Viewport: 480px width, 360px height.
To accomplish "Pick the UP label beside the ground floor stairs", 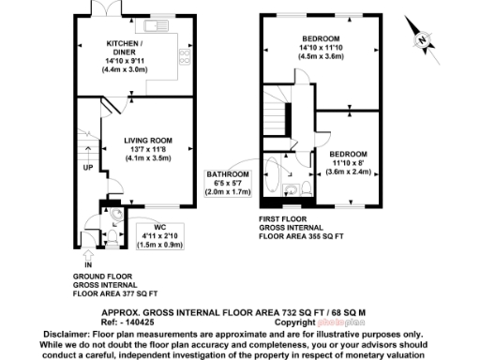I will (87, 169).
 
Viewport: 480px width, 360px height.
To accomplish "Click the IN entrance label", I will (87, 265).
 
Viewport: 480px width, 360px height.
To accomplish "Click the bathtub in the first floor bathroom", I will (272, 179).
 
